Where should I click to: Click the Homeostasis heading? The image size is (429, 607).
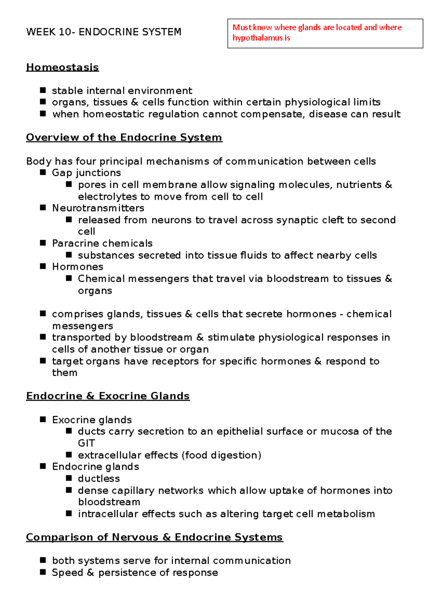62,67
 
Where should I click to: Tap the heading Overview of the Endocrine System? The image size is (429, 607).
124,137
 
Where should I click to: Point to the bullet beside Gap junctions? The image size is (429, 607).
43,172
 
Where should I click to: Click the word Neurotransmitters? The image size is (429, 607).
98,208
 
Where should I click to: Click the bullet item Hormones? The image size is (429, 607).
78,267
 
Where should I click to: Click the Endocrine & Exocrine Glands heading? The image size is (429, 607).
108,396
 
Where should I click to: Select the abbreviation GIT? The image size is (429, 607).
86,443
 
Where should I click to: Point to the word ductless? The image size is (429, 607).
99,478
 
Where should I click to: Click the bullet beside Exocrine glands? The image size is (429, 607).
43,419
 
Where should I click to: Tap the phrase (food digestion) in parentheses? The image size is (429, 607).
222,455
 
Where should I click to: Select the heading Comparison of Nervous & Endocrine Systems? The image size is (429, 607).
154,537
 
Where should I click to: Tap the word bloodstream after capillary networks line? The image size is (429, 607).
109,502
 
